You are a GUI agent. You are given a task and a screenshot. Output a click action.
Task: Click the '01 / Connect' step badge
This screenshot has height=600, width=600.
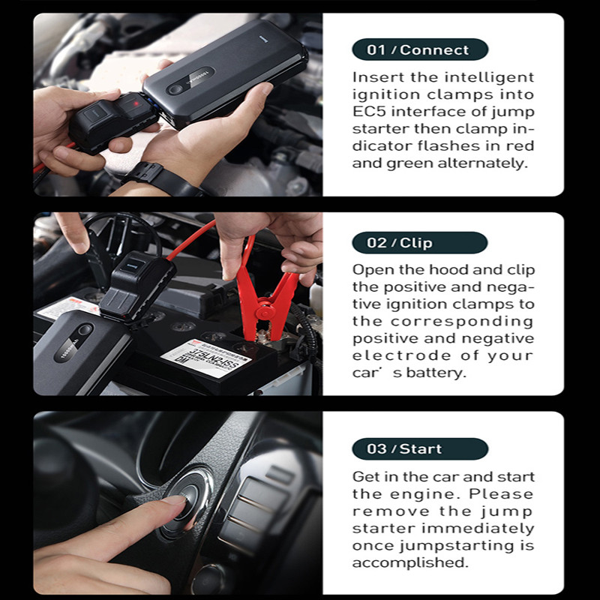tap(419, 50)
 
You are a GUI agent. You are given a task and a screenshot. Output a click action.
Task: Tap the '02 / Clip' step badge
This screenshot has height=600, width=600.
tap(419, 243)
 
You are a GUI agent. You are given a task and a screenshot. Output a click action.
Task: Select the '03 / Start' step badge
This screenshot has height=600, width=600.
tap(419, 449)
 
